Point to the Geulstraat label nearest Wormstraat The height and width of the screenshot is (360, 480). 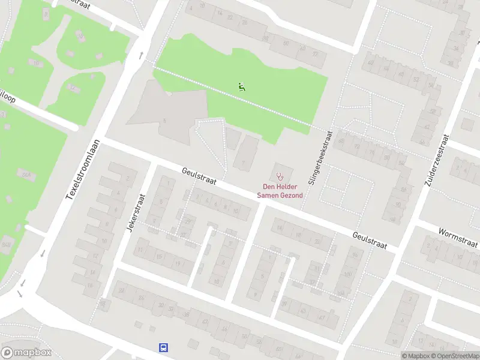[x=370, y=241]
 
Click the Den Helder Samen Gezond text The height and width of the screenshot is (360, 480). [x=280, y=191]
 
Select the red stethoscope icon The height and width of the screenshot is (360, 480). [x=280, y=176]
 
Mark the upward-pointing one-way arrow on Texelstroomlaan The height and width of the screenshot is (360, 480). [x=142, y=56]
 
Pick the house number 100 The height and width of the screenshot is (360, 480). [x=347, y=275]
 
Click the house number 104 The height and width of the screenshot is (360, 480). [x=341, y=293]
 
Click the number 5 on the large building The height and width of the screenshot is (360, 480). [x=164, y=121]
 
